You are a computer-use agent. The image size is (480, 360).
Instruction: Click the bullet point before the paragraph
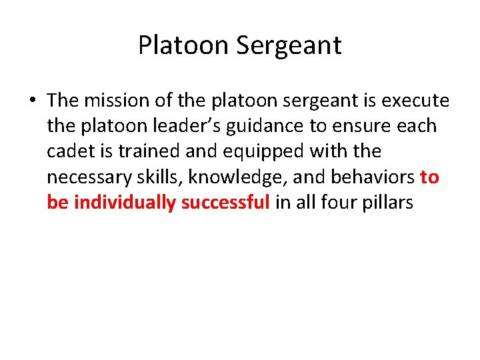pyautogui.click(x=32, y=101)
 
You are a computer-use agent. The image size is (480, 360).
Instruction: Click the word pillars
pyautogui.click(x=390, y=202)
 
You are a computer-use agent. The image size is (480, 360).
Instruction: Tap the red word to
pyautogui.click(x=430, y=177)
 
